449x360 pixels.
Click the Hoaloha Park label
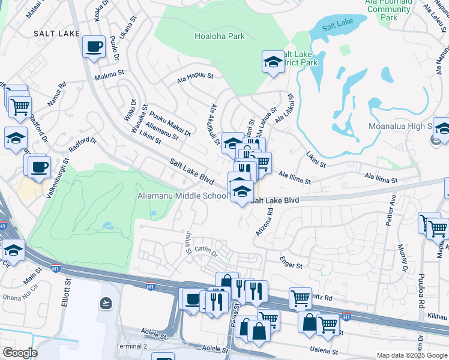click(219, 36)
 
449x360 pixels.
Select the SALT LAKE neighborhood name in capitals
click(57, 34)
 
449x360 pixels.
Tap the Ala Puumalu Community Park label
click(389, 10)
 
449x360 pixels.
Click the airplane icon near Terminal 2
click(106, 303)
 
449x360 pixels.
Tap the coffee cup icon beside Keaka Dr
click(94, 47)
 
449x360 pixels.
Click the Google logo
click(20, 353)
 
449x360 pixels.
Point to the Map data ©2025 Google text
click(411, 355)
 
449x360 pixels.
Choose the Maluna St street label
click(108, 77)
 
